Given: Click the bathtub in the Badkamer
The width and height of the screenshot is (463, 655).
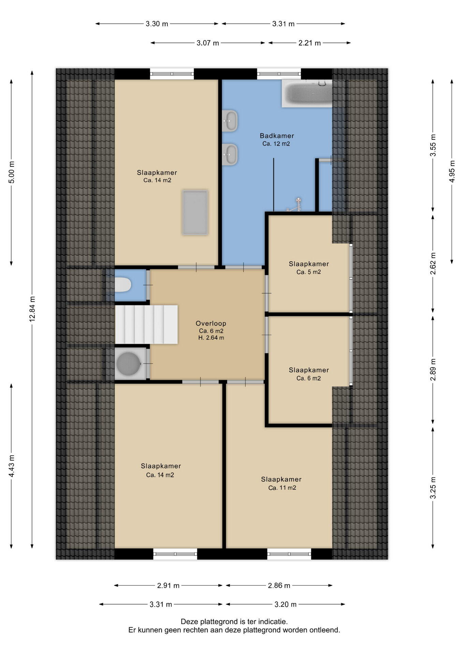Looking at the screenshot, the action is coord(307,93).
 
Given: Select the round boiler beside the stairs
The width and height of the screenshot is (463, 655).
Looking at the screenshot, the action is coord(128,364).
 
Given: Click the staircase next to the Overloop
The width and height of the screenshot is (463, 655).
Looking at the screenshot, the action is coord(146,324).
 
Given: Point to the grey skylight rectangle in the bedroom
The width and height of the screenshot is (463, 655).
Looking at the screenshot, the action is coord(195,212).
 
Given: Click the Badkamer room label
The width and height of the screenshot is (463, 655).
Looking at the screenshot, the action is coord(277,136).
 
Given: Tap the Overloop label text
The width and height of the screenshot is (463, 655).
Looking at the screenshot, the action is coord(211,323).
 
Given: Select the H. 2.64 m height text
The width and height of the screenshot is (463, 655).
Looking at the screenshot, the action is coord(211,338).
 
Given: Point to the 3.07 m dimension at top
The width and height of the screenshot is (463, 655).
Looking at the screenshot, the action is coord(208,43).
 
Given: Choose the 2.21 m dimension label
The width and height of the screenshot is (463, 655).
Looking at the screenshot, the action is coord(310,43).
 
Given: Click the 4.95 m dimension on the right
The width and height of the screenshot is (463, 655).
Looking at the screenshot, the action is coord(452,171).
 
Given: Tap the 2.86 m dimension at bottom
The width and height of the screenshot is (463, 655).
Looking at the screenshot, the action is coord(279,585).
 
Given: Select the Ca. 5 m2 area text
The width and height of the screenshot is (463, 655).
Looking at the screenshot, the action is coord(309,272).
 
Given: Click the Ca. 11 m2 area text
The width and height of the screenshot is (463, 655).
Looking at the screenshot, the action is coord(282,488).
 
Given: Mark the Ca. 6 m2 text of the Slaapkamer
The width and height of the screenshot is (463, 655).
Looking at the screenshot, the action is coord(309,378).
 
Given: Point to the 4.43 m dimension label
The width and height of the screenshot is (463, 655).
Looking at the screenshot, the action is coord(12,466).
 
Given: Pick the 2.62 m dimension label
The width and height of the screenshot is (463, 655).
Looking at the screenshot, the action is coord(433,263).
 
